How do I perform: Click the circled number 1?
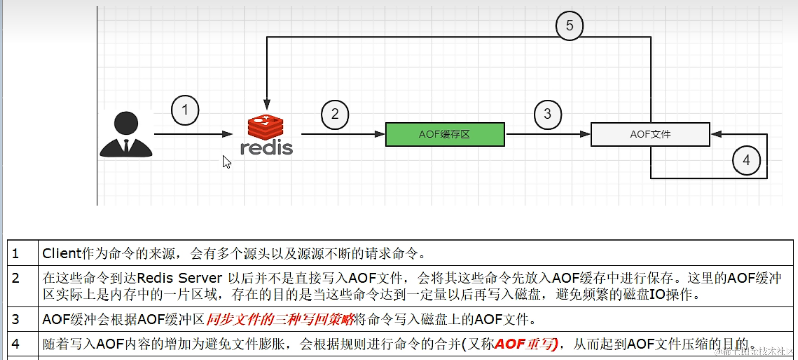pos(185,110)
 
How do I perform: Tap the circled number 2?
pos(335,114)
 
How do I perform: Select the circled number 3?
pos(547,114)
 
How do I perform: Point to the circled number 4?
pos(746,161)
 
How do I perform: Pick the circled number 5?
pos(569,26)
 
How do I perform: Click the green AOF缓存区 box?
pos(445,134)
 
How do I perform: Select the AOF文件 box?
pos(650,134)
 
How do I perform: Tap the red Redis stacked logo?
pos(266,127)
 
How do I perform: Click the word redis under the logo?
pos(267,148)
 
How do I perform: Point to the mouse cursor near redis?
pos(226,161)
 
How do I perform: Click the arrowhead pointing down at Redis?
pos(267,105)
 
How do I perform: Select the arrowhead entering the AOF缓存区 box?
pos(380,134)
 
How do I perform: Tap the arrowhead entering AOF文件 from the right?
pos(716,134)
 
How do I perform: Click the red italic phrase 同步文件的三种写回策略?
pos(280,319)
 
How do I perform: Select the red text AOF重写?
pos(526,344)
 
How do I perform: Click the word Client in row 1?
pos(62,253)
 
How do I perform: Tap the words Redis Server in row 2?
pos(179,278)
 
